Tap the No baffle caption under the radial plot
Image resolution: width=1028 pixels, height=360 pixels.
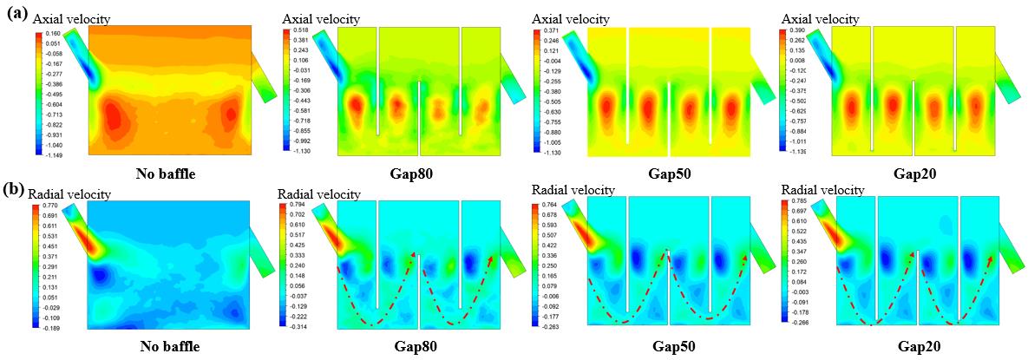[170, 346]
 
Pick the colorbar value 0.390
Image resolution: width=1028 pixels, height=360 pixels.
[796, 30]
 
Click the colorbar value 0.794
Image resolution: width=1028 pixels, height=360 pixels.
[303, 204]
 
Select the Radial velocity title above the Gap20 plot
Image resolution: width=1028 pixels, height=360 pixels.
[822, 189]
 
